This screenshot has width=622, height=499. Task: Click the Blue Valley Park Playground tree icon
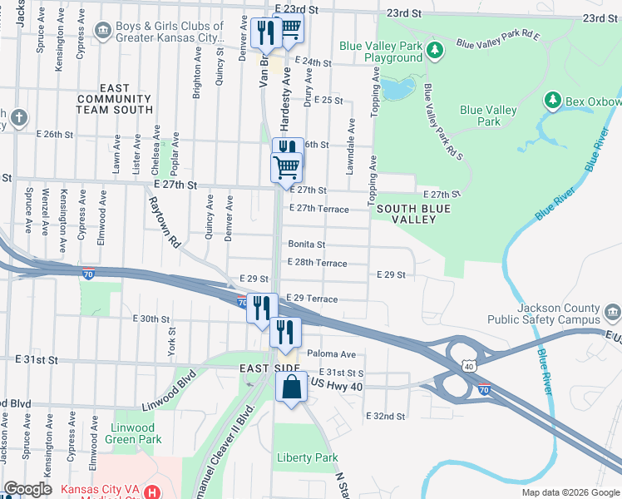point(434,51)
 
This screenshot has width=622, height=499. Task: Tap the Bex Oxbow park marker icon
point(552,101)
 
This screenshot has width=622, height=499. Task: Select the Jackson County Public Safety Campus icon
point(613,314)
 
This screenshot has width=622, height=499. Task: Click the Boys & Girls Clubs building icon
point(102,32)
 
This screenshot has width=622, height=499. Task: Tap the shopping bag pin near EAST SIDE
point(291,388)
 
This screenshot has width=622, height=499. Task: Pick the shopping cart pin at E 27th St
point(287,166)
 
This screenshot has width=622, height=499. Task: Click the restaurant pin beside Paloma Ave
point(285,332)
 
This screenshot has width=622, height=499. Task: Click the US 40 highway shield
point(470,366)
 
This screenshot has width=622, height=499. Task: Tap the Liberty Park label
point(308,458)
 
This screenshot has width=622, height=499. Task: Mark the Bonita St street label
point(306,245)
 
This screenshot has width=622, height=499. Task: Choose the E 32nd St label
point(385,416)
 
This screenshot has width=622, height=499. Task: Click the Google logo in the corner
point(28,488)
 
